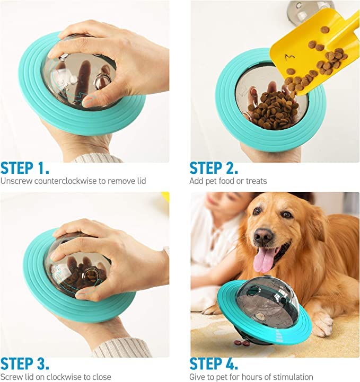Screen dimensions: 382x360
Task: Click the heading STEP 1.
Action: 25,168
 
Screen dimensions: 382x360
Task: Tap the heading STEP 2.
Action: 214,168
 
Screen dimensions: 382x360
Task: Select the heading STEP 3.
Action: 25,364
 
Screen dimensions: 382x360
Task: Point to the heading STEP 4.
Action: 214,364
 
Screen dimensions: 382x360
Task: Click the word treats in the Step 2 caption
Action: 254,181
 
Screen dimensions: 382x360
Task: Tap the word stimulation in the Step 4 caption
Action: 290,377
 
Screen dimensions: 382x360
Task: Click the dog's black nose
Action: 264,236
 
